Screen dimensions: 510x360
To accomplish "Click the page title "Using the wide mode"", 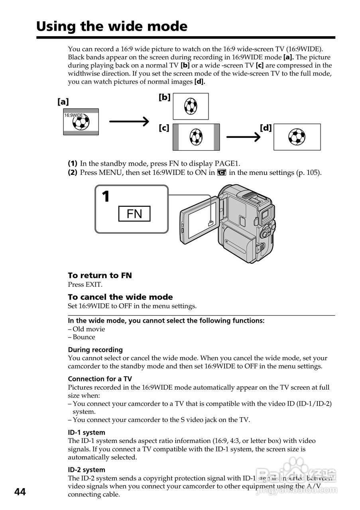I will coord(112,26).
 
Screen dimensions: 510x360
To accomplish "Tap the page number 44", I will coord(20,492).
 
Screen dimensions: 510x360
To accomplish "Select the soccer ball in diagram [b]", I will coord(191,106).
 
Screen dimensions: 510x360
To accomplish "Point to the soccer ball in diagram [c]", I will coord(196,137).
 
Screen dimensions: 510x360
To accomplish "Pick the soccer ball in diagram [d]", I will coord(297,137).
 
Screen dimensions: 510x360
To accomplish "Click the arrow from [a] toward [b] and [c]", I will coord(129,121).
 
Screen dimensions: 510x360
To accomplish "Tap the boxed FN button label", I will coord(134,214).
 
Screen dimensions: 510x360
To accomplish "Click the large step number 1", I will coord(106,197).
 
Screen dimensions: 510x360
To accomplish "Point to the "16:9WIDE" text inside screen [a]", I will coord(73,115).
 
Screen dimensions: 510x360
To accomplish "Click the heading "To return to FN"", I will coord(100,275).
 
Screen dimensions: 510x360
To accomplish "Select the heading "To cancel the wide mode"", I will coord(120,297).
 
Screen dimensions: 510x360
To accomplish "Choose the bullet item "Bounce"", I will coord(84,337).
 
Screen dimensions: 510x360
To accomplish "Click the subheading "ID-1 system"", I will coord(87,432).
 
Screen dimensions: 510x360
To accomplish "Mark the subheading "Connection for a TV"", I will coord(100,379).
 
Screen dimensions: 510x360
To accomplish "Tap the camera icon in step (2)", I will coord(222,173).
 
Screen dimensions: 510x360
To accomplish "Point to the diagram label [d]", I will coord(266,128).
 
